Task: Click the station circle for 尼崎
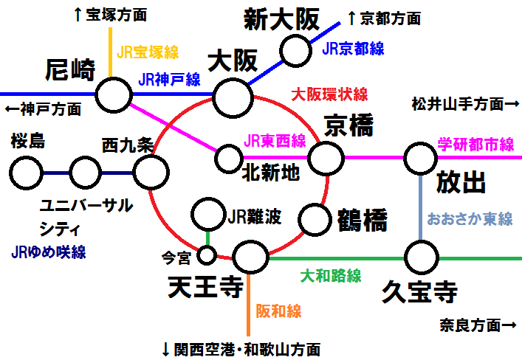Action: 114,94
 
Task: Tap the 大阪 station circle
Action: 233,94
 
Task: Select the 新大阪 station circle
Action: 296,50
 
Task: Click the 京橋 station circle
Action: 326,157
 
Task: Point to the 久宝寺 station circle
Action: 421,257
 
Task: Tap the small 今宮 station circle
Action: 207,256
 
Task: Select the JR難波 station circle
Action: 207,215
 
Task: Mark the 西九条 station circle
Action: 151,173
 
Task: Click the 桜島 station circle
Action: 27,173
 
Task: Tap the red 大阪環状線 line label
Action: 329,94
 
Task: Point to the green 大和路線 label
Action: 330,276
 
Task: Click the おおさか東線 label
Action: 470,219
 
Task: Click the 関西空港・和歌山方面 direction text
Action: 241,347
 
